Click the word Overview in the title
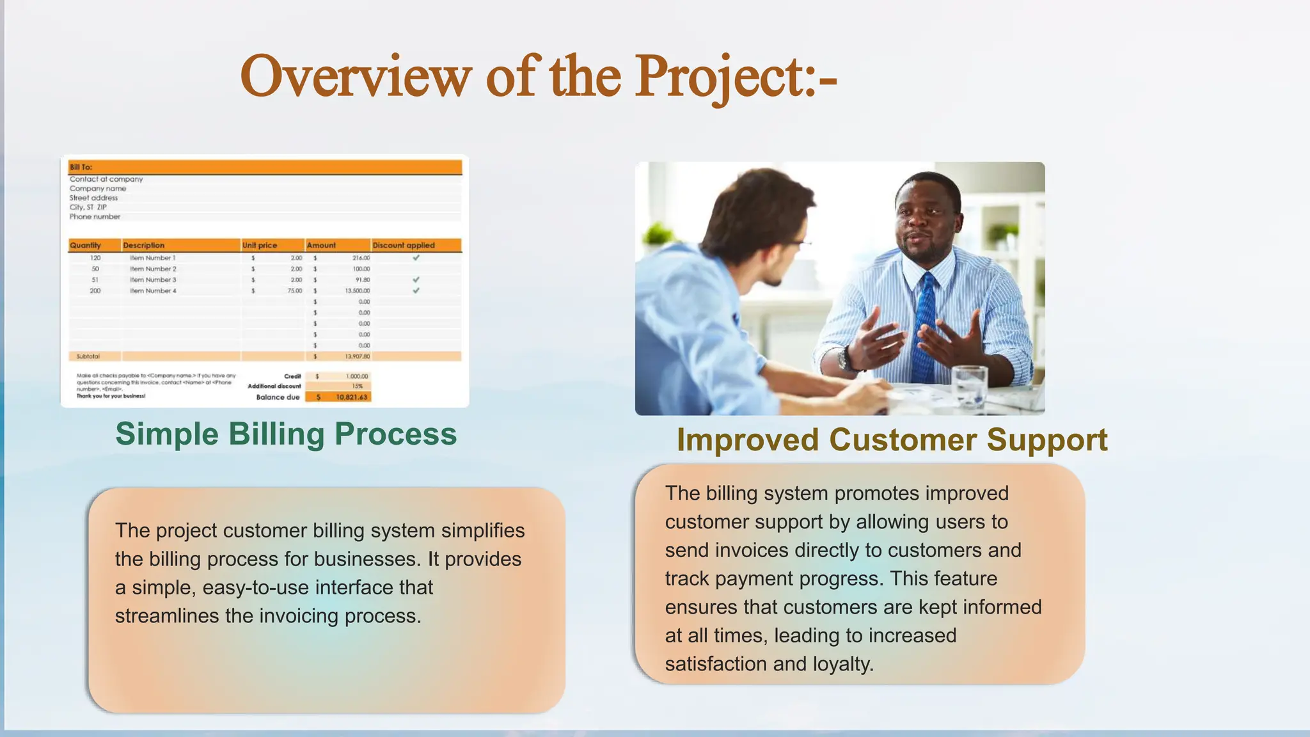(x=356, y=77)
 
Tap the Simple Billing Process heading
(x=286, y=434)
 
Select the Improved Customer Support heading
(x=892, y=440)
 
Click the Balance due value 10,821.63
(x=351, y=397)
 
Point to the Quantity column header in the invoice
(x=86, y=245)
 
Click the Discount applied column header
(x=404, y=245)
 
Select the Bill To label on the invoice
(x=81, y=167)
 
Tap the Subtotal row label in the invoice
(x=88, y=356)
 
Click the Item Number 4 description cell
(x=153, y=290)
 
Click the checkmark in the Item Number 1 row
(x=416, y=258)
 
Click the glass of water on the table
(x=969, y=386)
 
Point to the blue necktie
(x=924, y=326)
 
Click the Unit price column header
(x=260, y=245)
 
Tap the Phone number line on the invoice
(x=95, y=217)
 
